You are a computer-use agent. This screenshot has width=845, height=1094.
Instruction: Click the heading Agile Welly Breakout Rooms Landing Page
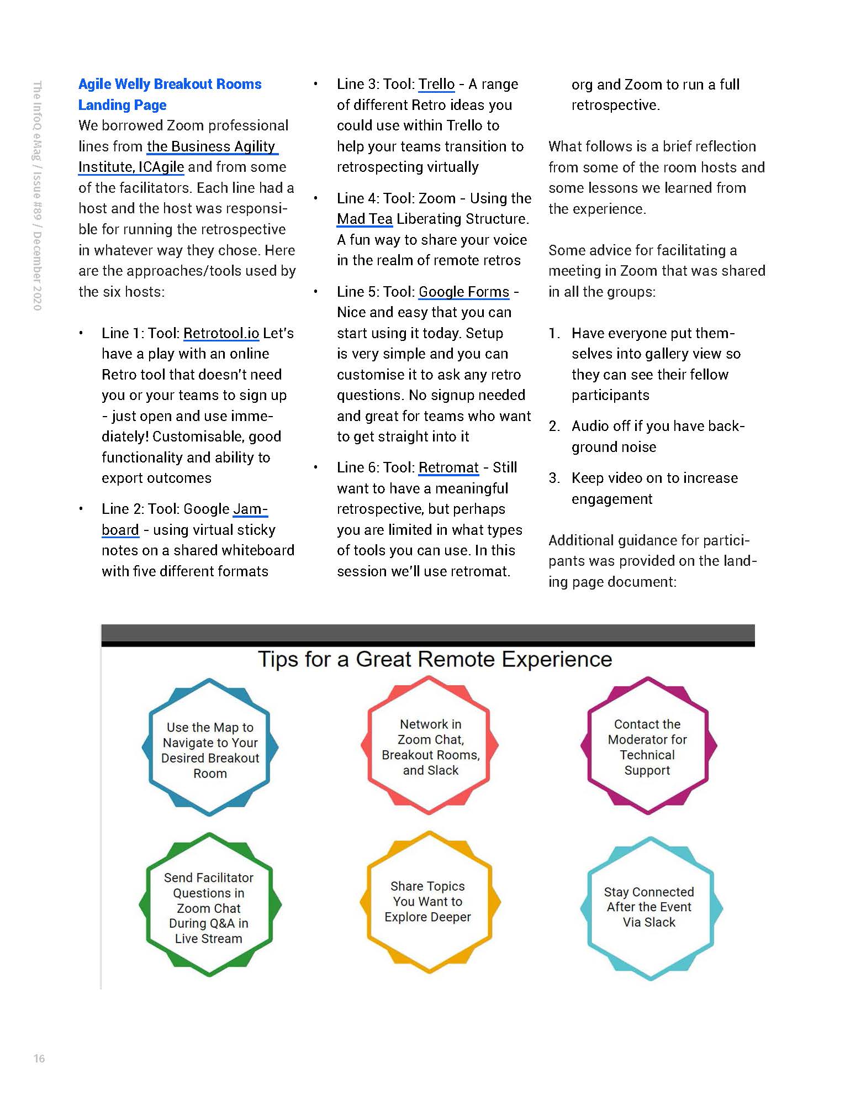click(x=170, y=94)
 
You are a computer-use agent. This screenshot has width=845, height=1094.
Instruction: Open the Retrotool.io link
click(x=221, y=333)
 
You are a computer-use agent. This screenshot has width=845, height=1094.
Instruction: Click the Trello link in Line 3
click(x=436, y=84)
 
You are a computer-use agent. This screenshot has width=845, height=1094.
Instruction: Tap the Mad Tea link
click(x=365, y=219)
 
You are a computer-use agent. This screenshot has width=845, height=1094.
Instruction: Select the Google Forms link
click(x=464, y=292)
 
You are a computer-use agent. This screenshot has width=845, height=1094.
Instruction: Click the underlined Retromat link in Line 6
click(x=448, y=467)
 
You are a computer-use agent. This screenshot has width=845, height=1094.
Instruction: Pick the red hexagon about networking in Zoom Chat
click(x=430, y=746)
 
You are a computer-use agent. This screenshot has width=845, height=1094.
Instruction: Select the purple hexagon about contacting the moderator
click(x=647, y=746)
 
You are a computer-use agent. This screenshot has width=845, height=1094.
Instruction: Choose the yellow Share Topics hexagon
click(x=428, y=901)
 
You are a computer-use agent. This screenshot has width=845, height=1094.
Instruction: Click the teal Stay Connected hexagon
click(x=649, y=907)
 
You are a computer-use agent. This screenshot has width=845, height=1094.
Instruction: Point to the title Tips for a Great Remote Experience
click(x=435, y=659)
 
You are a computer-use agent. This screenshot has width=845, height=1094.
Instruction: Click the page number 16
click(x=39, y=1058)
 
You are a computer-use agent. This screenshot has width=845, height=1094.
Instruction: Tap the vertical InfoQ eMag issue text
click(x=37, y=196)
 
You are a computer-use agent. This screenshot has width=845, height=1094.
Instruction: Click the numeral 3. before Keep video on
click(x=554, y=478)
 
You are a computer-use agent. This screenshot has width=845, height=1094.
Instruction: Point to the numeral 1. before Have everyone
click(x=554, y=333)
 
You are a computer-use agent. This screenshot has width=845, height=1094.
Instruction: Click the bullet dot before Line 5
click(x=315, y=292)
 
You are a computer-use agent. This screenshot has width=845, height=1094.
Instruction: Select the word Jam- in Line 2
click(x=251, y=509)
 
